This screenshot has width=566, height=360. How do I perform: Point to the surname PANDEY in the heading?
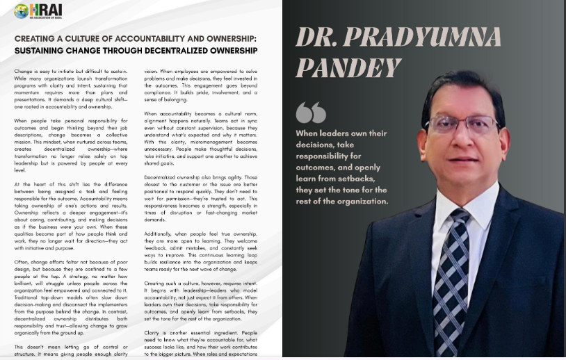(x=348, y=67)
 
